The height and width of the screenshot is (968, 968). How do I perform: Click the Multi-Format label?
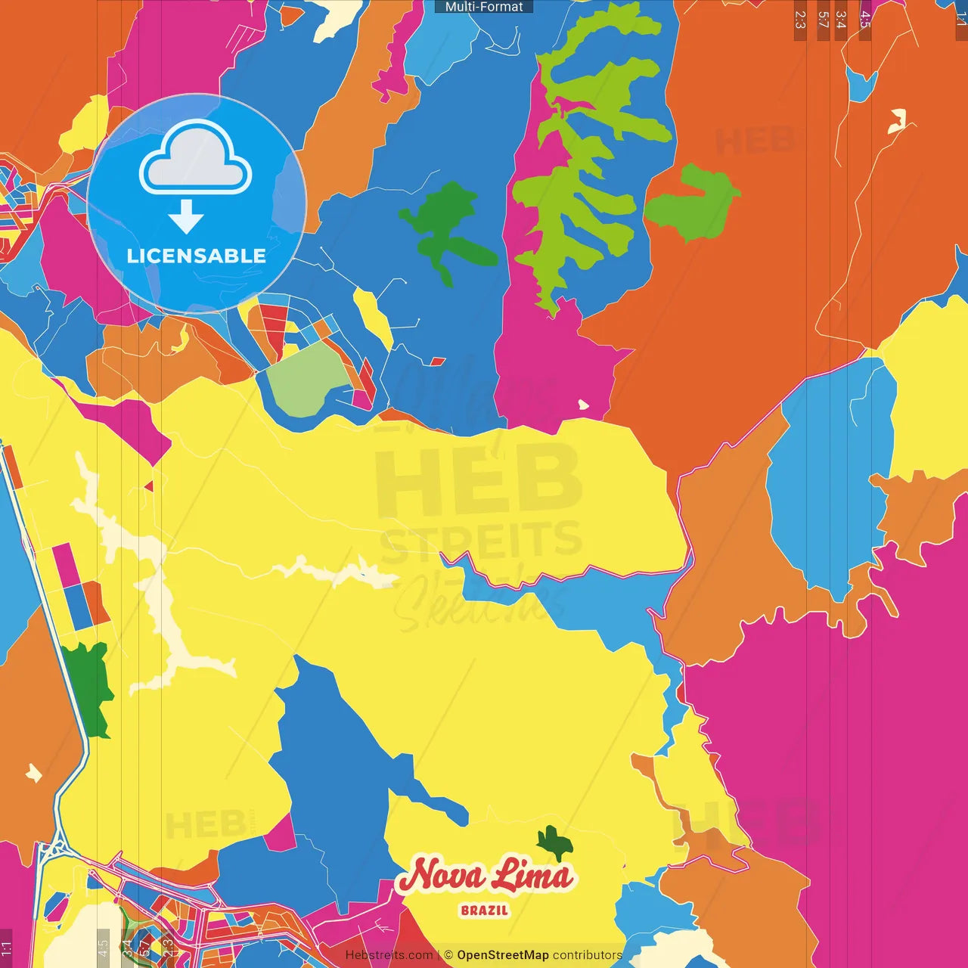tap(484, 7)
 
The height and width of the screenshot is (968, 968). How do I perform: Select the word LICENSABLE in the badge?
tap(196, 256)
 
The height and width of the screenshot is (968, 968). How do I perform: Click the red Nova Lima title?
tap(485, 876)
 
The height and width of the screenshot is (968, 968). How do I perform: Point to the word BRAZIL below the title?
tap(484, 911)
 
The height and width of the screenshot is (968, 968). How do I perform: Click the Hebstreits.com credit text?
tap(389, 955)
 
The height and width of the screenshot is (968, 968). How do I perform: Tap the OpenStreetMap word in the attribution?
tap(502, 955)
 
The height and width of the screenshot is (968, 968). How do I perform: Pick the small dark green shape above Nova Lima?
tap(554, 841)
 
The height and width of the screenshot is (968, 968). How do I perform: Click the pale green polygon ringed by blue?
tap(306, 380)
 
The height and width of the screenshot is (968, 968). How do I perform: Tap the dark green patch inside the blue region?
tap(446, 227)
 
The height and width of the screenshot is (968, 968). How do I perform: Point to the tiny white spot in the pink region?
tap(583, 405)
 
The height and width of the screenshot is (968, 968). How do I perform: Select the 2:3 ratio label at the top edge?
tap(800, 20)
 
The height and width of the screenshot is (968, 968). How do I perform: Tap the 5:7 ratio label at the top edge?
tap(823, 20)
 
